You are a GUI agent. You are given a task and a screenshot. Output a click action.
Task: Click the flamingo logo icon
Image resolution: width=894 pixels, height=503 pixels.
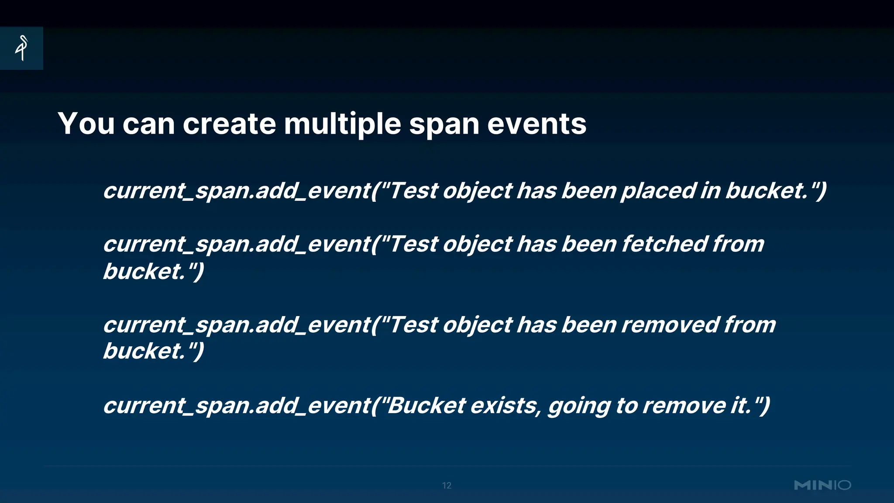click(22, 48)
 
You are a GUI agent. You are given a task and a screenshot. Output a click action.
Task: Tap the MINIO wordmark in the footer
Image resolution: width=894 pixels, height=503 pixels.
click(822, 485)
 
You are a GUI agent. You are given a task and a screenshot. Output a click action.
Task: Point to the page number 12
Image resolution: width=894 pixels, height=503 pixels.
click(447, 486)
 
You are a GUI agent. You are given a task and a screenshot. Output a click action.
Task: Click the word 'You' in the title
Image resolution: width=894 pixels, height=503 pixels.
click(86, 124)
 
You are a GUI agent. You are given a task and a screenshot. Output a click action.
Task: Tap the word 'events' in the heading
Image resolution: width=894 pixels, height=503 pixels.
click(536, 124)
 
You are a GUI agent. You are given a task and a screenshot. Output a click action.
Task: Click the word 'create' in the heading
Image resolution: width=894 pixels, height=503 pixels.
click(229, 124)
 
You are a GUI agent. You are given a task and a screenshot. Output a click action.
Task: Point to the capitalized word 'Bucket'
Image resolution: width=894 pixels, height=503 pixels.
click(426, 406)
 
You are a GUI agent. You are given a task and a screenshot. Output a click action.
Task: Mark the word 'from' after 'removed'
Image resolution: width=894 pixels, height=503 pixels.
click(750, 325)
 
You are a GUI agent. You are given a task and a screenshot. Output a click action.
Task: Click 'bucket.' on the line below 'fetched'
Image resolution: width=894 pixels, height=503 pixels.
click(144, 272)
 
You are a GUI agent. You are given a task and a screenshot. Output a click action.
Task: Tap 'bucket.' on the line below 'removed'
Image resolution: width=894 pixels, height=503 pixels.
click(144, 351)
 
